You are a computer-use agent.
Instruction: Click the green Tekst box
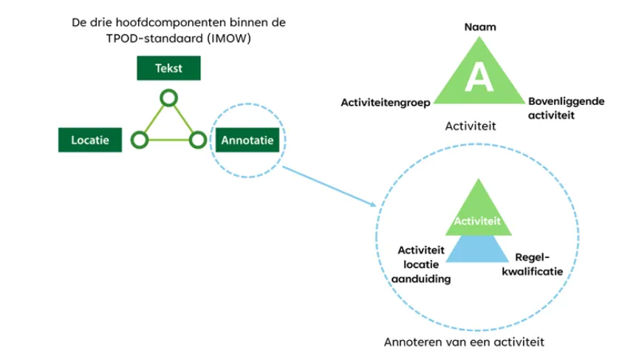(x=169, y=69)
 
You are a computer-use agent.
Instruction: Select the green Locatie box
(x=89, y=140)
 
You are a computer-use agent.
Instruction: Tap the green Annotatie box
(x=247, y=139)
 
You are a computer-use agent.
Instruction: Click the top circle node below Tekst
(x=169, y=98)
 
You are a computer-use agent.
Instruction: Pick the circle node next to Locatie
(x=138, y=140)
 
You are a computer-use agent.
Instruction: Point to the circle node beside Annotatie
(x=197, y=139)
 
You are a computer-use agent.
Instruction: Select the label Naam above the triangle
(x=479, y=27)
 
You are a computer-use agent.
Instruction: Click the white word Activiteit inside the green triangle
(x=478, y=220)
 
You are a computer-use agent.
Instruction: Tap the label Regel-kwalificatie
(x=538, y=264)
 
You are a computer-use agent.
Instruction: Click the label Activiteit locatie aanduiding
(x=418, y=264)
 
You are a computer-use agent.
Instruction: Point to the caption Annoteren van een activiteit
(x=465, y=342)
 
